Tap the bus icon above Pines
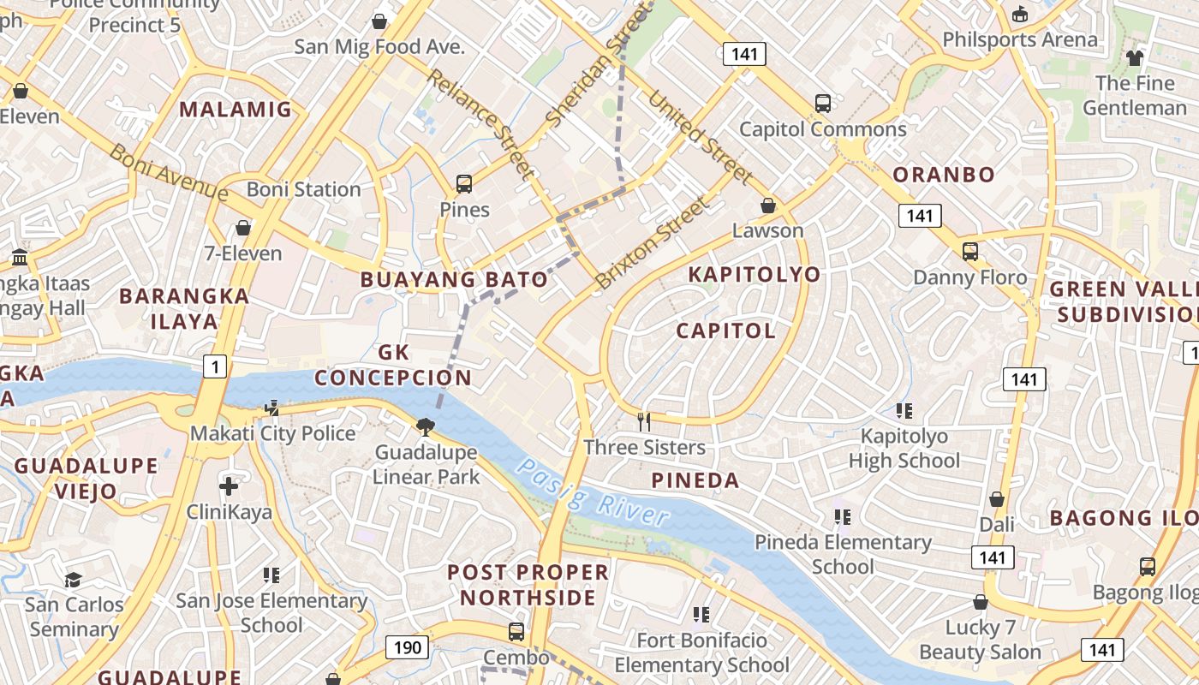click(x=464, y=183)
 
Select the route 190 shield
click(x=407, y=647)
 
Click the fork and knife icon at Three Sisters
click(x=644, y=421)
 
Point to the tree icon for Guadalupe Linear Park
click(x=425, y=426)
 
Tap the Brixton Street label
click(x=653, y=243)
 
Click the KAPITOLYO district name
click(x=755, y=275)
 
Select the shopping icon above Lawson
click(x=768, y=205)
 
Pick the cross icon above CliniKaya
click(x=229, y=487)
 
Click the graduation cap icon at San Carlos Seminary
click(x=73, y=580)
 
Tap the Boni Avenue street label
click(x=169, y=172)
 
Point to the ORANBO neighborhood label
click(x=944, y=175)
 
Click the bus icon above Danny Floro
click(x=969, y=252)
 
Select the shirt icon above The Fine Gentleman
click(x=1135, y=58)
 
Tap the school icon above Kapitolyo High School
click(x=904, y=411)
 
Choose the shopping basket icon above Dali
click(x=997, y=499)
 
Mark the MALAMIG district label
click(x=236, y=110)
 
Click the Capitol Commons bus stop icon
click(x=822, y=104)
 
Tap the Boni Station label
click(x=304, y=189)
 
